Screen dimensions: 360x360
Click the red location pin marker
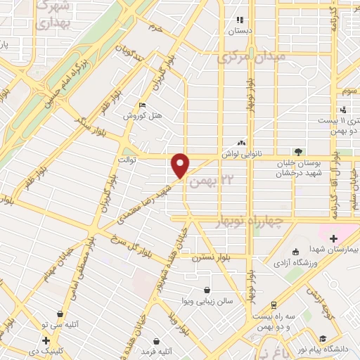[181, 165]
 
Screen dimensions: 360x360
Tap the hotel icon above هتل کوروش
[143, 104]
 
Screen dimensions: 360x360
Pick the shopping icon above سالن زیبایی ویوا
[206, 290]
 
